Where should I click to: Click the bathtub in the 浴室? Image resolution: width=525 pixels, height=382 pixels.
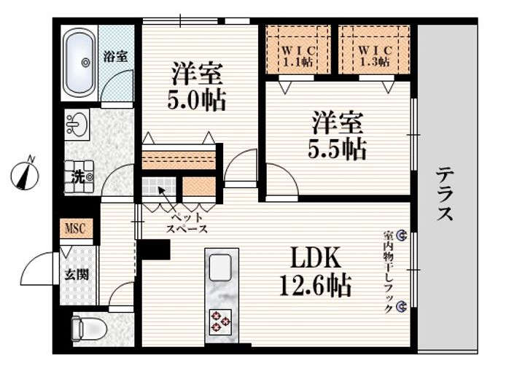point(79,63)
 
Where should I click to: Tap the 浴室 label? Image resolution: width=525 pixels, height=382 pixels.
point(115,56)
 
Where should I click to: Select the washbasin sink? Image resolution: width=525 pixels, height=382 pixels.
point(77,125)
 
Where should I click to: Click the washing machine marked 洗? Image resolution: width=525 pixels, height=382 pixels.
point(79,176)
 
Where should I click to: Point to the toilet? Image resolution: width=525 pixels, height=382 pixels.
point(89,329)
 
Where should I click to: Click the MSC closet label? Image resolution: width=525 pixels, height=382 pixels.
point(75,229)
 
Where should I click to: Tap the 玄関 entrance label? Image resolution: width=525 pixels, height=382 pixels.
point(77,276)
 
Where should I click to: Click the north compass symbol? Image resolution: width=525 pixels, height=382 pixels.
point(25,174)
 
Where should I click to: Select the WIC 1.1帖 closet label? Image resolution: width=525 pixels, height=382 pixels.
point(297,56)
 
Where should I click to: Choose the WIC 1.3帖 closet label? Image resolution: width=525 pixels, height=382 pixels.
point(375,56)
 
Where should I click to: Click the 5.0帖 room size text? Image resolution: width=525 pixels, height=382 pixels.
point(197,99)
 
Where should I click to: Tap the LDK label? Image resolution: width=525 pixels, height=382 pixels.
point(316,257)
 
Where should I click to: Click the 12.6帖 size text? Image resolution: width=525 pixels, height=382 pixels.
point(316,285)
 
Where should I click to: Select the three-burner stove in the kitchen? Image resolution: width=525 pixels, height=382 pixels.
point(220,321)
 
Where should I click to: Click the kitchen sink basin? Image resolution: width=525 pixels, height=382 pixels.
point(220,268)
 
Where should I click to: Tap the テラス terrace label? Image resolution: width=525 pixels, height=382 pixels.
point(445,194)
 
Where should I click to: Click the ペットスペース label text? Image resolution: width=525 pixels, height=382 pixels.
point(187,223)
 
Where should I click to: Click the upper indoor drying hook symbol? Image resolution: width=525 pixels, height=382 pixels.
point(402,235)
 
